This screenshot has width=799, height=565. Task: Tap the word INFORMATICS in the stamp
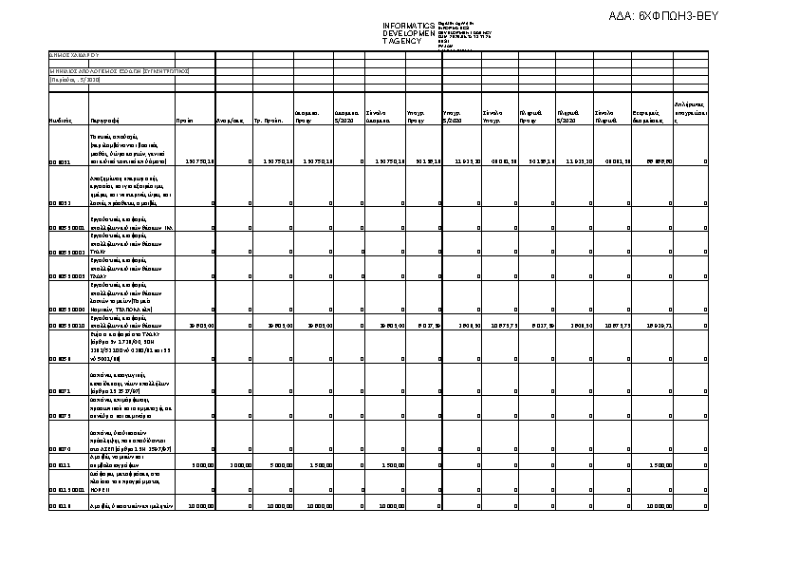tap(408, 26)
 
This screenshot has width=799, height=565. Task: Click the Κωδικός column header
tap(60, 122)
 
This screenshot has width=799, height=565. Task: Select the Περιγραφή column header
tap(104, 122)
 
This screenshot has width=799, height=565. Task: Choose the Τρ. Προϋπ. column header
tap(267, 122)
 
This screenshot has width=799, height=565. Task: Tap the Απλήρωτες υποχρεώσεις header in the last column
tap(689, 112)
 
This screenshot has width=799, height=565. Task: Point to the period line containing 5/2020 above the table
tap(69, 80)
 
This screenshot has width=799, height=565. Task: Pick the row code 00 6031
tap(60, 162)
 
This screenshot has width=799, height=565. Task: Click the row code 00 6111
tap(60, 466)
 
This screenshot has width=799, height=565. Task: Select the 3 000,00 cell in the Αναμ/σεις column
tap(239, 466)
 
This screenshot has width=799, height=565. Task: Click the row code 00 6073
tap(60, 416)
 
